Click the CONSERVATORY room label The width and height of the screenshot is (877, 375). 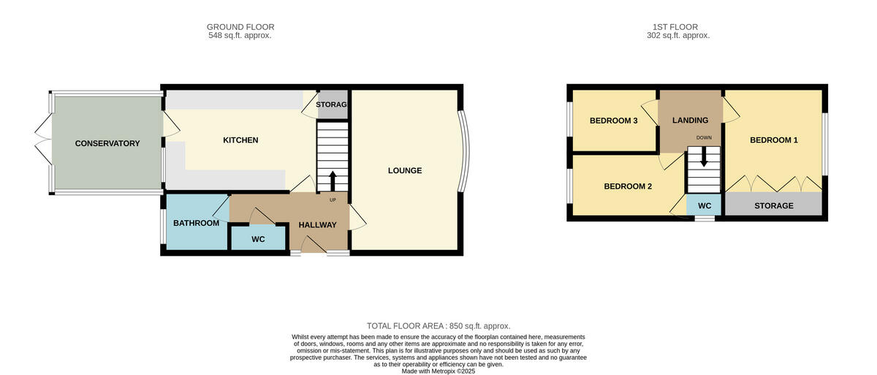107,143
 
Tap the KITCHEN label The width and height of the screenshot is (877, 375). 240,140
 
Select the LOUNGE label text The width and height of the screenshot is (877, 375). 404,171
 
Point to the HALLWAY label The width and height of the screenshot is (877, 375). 317,225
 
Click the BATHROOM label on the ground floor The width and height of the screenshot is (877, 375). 196,223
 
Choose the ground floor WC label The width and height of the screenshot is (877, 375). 258,239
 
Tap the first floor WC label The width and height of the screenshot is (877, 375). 705,206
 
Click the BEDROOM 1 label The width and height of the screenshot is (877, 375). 774,140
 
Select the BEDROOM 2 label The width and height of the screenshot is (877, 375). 627,186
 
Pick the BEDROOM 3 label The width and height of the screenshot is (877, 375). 614,121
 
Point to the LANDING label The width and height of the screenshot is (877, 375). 690,121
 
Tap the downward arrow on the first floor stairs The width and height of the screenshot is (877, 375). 704,156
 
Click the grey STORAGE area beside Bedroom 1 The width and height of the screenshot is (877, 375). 773,205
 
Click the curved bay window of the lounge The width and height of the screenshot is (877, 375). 463,151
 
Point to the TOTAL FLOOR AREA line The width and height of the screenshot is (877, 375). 438,326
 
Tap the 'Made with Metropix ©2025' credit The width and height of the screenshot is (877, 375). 438,371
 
